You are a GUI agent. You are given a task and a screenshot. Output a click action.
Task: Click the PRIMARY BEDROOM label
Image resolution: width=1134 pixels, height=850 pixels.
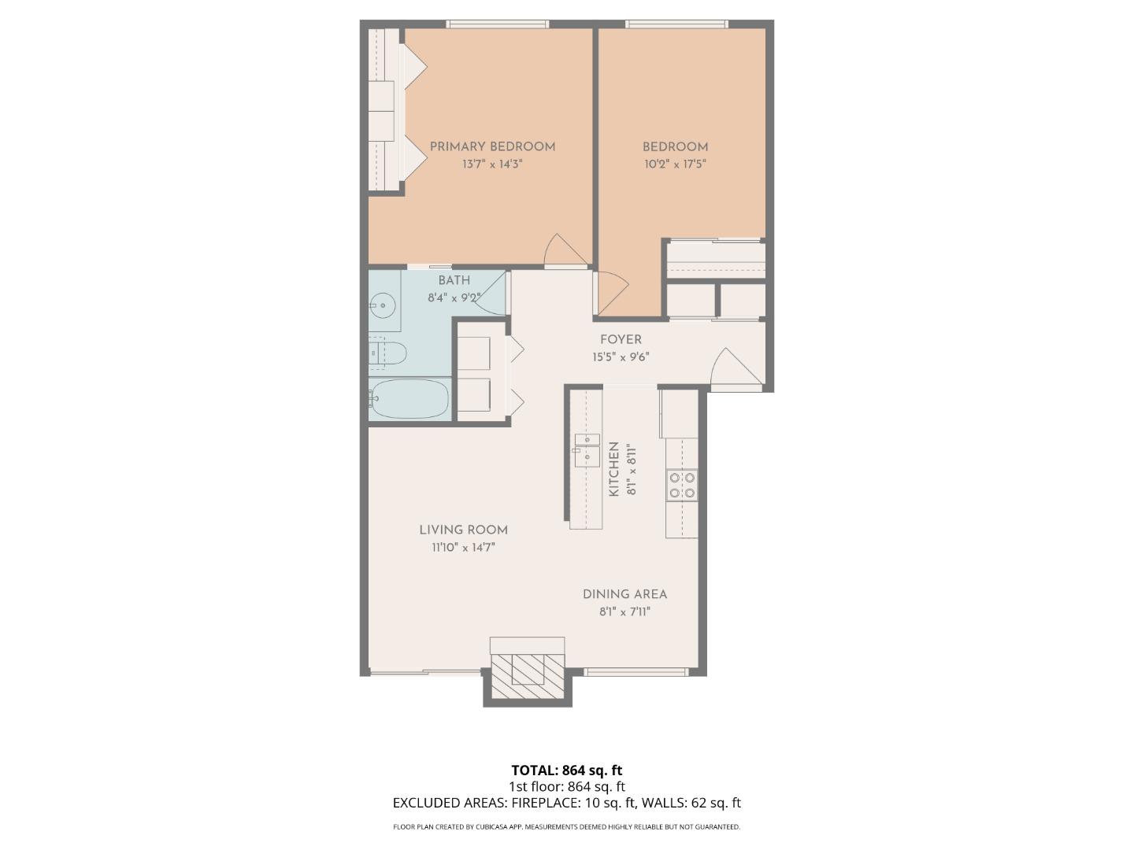click(x=492, y=146)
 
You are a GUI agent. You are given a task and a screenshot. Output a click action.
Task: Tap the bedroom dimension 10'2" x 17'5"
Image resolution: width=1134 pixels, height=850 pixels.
click(x=675, y=164)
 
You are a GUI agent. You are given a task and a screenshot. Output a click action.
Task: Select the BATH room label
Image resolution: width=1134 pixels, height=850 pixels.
click(x=454, y=280)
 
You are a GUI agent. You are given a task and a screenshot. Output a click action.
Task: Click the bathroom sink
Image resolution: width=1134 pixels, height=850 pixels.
click(x=384, y=304)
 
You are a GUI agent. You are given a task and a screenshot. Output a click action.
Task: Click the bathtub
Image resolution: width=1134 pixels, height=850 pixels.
click(x=409, y=399)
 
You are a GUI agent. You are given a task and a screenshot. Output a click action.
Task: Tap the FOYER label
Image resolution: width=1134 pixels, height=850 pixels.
click(x=621, y=340)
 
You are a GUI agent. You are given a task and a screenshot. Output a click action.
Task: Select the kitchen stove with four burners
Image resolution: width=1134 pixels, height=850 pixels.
click(x=682, y=485)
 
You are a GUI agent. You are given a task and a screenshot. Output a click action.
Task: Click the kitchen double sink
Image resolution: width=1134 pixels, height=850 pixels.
click(x=587, y=449)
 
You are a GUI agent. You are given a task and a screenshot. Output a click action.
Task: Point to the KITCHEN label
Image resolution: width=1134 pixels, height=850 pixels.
click(x=614, y=469)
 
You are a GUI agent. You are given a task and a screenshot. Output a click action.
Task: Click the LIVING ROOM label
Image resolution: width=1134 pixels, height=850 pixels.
click(x=463, y=530)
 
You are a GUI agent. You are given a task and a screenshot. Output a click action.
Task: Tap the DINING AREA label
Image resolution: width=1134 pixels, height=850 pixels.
click(x=624, y=595)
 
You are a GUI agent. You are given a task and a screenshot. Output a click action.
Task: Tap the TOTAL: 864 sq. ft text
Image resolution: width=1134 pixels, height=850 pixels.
click(x=567, y=771)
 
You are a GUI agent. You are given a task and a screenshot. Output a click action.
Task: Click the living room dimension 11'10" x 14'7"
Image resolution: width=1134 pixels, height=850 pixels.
click(x=463, y=548)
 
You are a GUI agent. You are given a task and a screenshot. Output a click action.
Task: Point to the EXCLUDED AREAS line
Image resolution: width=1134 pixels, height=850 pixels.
click(x=567, y=804)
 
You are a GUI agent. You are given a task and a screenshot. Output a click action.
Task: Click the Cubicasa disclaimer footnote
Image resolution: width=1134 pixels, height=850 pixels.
click(x=567, y=827)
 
